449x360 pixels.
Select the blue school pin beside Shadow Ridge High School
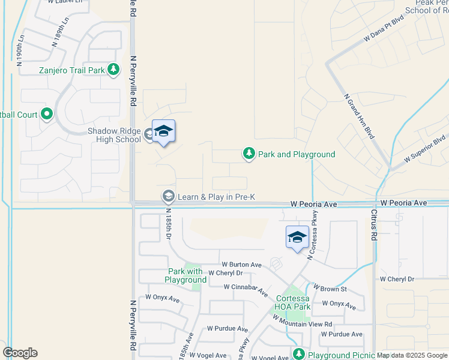[163, 133]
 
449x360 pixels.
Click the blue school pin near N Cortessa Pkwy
[297, 238]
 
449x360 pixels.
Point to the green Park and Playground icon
[249, 154]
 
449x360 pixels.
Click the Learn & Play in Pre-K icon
[169, 197]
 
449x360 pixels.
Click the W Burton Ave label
[241, 265]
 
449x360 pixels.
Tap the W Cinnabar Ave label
[246, 290]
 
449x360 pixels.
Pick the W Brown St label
[330, 289]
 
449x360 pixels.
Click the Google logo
[20, 353]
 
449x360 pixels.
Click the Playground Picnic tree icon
[299, 354]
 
